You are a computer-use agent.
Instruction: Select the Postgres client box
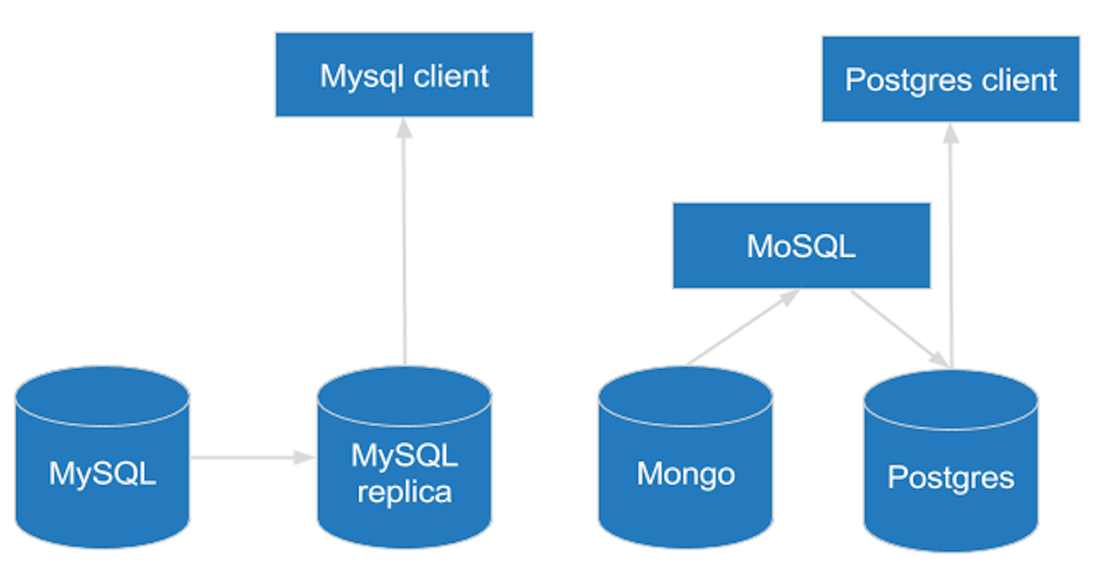950,79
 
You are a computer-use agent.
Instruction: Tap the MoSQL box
801,246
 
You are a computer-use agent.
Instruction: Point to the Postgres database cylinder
950,461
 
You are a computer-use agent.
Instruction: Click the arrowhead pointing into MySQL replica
304,457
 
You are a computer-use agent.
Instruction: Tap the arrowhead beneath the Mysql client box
404,128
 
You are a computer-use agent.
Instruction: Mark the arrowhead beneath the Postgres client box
950,133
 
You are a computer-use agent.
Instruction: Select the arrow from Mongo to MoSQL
740,328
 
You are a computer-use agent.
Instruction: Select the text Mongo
685,474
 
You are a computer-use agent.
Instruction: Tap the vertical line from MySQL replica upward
404,250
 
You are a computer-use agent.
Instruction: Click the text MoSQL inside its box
801,246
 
